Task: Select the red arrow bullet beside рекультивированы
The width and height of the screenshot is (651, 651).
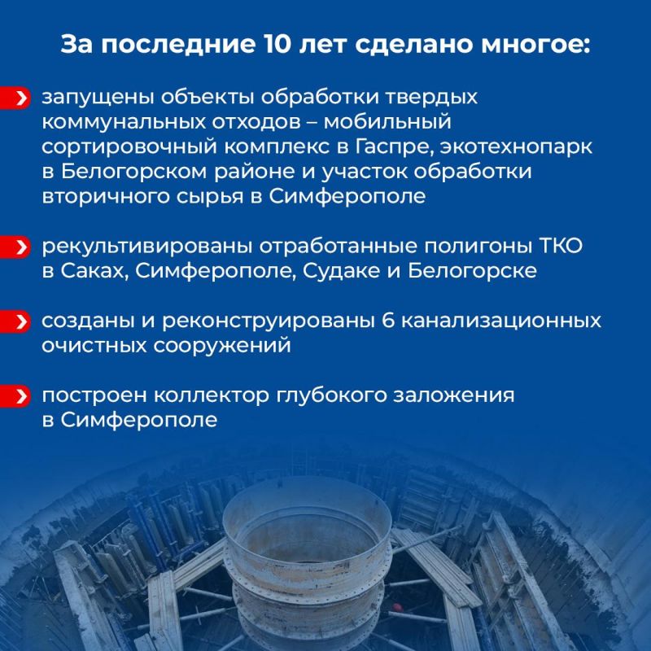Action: click(22, 246)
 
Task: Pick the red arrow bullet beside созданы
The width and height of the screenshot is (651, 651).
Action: click(22, 320)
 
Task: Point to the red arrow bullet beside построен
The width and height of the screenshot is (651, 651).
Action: click(22, 396)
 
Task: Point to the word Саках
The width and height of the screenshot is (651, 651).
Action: click(94, 270)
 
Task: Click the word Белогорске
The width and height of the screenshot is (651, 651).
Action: click(479, 270)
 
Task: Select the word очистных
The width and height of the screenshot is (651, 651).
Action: click(92, 344)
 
